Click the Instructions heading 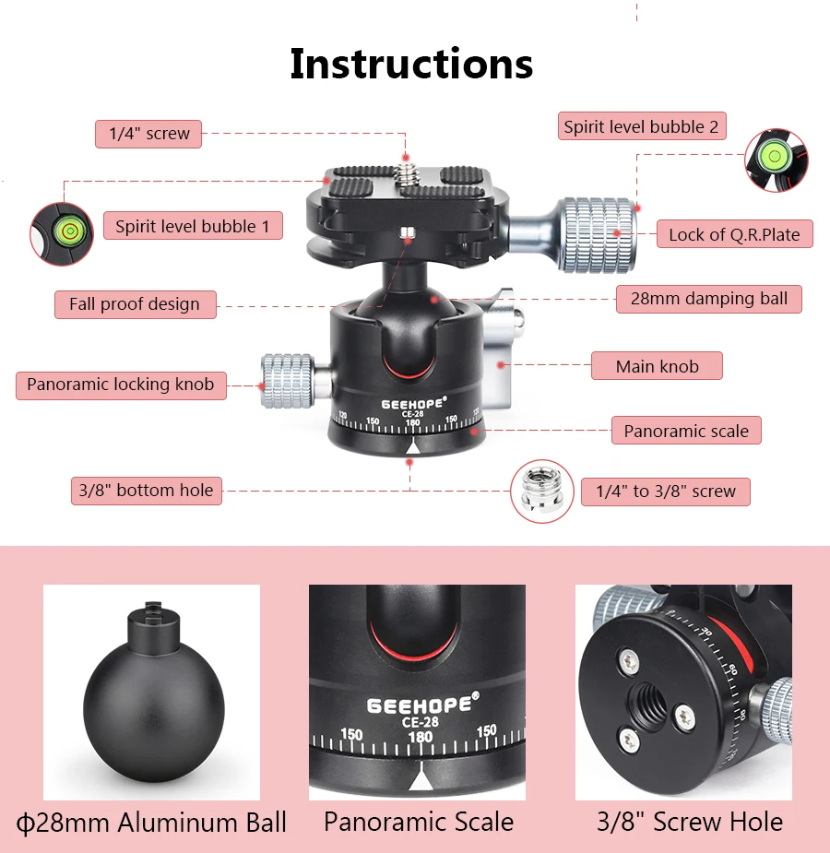(x=411, y=64)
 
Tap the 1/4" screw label (x=148, y=134)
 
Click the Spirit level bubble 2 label (x=641, y=126)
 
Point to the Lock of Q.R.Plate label (x=734, y=234)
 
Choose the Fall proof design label (x=134, y=304)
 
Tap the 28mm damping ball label (x=708, y=299)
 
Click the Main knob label (x=657, y=366)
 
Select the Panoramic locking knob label (x=120, y=385)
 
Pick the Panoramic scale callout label (x=686, y=431)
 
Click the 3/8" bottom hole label (x=146, y=491)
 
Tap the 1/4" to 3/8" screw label (x=665, y=492)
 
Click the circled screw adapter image (x=542, y=492)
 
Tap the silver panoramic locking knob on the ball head (x=288, y=382)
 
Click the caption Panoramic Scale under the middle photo (x=418, y=822)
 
